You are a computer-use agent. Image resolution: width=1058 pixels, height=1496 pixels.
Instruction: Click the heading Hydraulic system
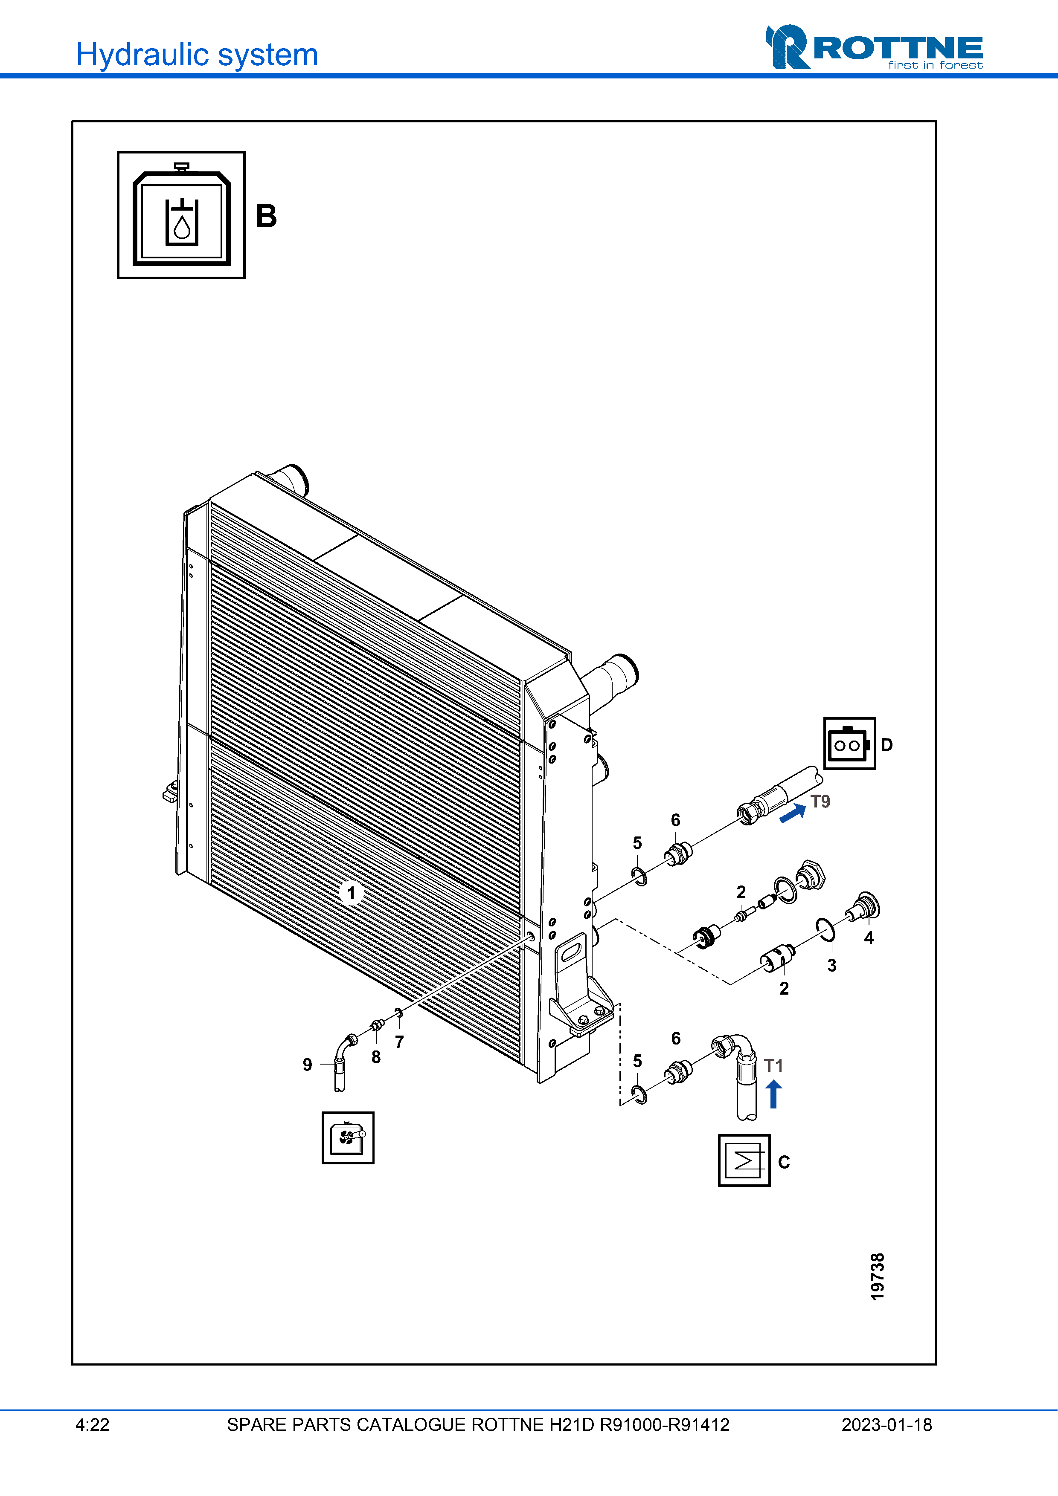(197, 55)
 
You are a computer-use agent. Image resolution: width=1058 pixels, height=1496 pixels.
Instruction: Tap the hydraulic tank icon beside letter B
(181, 215)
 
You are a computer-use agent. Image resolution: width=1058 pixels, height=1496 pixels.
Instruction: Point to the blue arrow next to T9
(793, 813)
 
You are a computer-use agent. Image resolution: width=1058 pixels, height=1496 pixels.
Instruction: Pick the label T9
(820, 802)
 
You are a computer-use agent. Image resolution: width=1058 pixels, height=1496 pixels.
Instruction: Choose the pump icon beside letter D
(849, 744)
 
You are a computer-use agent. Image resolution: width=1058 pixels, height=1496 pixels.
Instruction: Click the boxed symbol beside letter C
(744, 1160)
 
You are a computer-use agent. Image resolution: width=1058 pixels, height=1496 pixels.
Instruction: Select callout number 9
(307, 1065)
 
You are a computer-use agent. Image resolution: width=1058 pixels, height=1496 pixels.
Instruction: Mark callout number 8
(376, 1057)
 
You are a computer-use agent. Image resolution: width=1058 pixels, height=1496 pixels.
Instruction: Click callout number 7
(400, 1042)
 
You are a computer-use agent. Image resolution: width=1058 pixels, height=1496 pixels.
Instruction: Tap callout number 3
(832, 966)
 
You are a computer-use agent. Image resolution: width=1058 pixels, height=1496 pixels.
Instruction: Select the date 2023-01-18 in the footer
(887, 1425)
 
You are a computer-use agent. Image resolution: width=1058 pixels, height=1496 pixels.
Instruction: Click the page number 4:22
(92, 1425)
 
